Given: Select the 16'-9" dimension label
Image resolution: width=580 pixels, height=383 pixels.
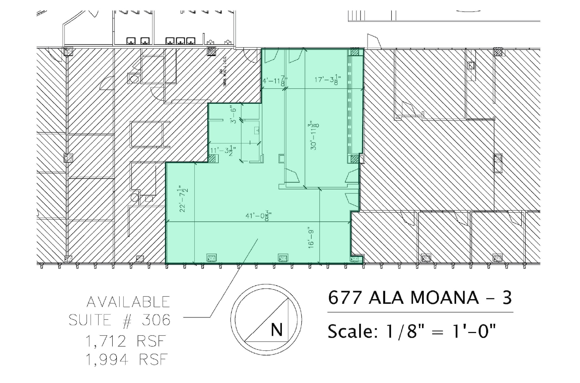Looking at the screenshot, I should click(311, 238).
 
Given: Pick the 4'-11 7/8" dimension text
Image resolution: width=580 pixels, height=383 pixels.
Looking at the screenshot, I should click(275, 81).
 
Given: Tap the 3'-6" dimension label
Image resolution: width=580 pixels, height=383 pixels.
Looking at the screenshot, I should click(233, 115).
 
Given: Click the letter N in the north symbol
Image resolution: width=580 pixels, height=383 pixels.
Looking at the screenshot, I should click(276, 329).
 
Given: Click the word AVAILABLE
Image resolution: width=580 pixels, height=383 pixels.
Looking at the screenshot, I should click(128, 302).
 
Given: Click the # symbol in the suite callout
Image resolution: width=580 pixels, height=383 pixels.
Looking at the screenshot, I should click(127, 320).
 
